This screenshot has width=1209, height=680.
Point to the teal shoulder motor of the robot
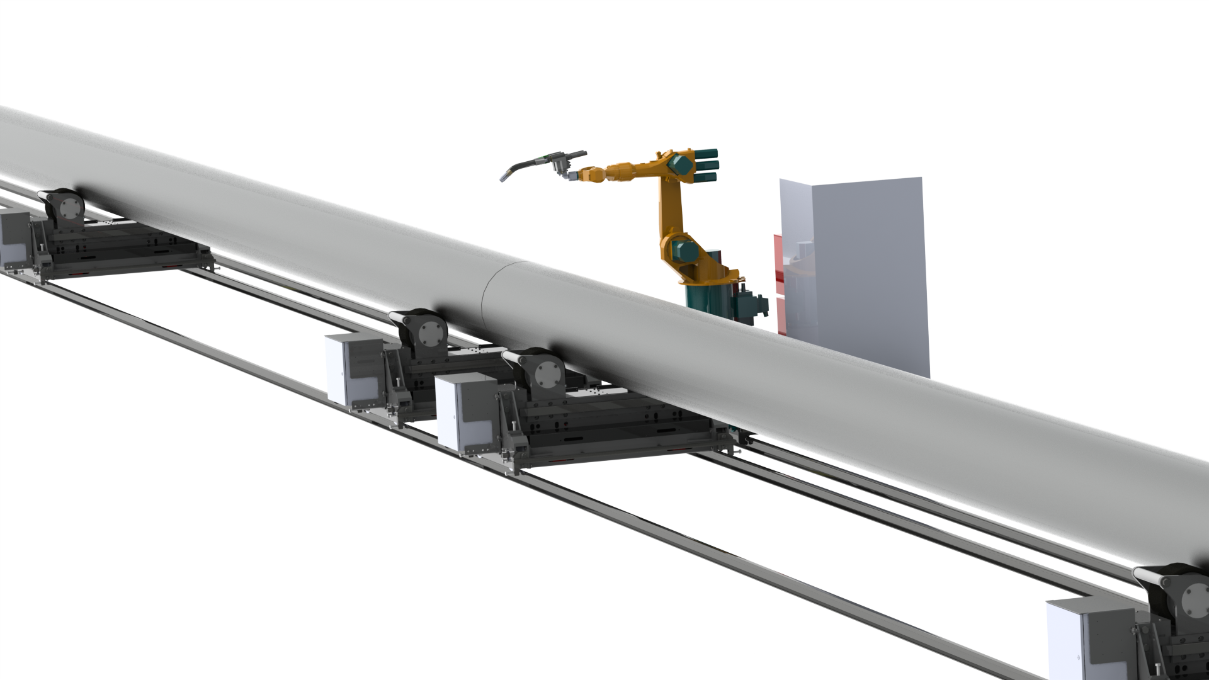pyautogui.click(x=682, y=250)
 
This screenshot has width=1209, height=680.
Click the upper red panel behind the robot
pyautogui.click(x=778, y=254)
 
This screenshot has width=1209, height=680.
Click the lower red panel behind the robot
pyautogui.click(x=781, y=315)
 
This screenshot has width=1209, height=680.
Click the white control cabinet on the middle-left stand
pyautogui.click(x=346, y=368)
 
